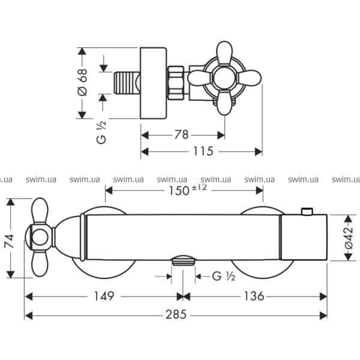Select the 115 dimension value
point(203,151)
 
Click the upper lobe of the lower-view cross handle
point(40,211)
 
